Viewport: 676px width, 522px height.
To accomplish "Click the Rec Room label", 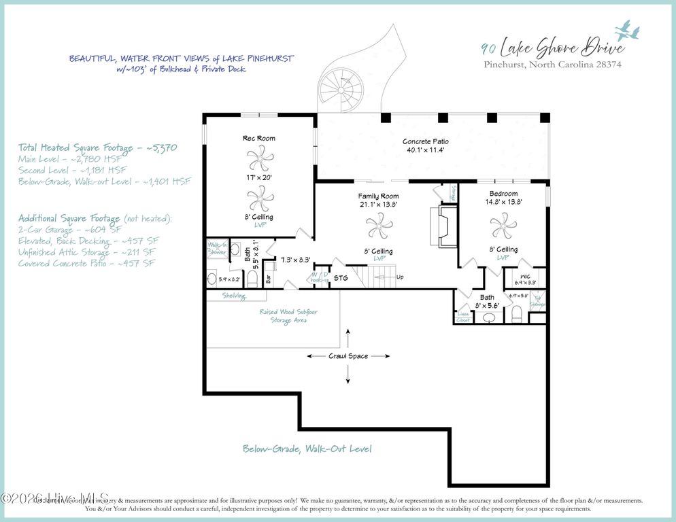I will [259, 139].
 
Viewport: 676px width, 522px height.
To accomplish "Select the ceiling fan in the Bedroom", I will [503, 225].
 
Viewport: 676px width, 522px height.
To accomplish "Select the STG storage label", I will [341, 278].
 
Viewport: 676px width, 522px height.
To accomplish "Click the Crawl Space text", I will [349, 356].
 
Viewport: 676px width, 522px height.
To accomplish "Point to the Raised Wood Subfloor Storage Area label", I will [288, 316].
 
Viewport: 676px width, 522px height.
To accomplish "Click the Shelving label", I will [233, 296].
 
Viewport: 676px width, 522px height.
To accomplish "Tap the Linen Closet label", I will [463, 316].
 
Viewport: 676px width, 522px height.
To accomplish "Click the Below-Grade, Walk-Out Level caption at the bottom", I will [307, 449].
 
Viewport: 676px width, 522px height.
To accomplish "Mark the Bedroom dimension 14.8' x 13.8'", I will [503, 203].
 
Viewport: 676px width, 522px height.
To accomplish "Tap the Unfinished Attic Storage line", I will [86, 252].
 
